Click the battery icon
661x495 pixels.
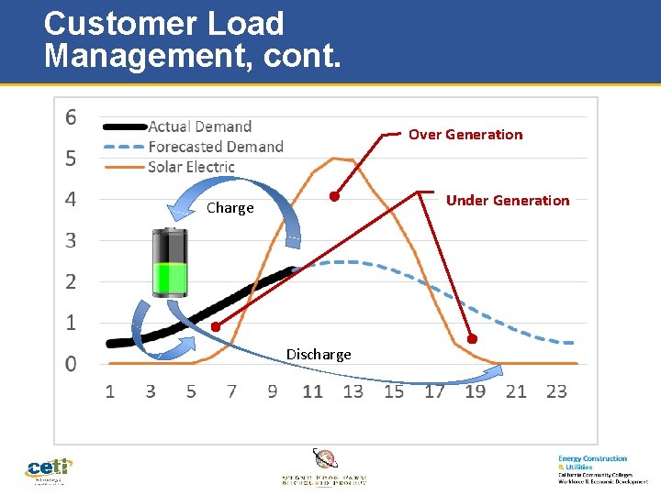pos(170,262)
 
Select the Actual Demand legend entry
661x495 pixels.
pos(199,126)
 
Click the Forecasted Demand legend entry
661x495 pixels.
pos(215,147)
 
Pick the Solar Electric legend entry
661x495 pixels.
pos(191,167)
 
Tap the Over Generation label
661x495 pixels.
pos(465,135)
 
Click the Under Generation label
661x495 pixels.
pos(507,201)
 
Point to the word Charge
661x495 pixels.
pos(230,208)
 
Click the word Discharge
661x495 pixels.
pos(319,355)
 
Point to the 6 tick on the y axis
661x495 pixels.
pos(71,117)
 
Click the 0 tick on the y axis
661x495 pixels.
pos(71,364)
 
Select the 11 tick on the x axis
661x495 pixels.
pos(312,391)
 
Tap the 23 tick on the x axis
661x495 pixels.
pos(556,391)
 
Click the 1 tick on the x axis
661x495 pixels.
pos(110,391)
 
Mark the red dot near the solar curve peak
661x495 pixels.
pos(335,196)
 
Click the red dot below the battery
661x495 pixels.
pos(216,326)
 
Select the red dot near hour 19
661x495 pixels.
pos(472,338)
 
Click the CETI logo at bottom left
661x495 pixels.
pos(49,470)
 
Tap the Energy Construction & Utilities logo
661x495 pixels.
pos(601,468)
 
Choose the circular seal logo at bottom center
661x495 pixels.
pos(325,459)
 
